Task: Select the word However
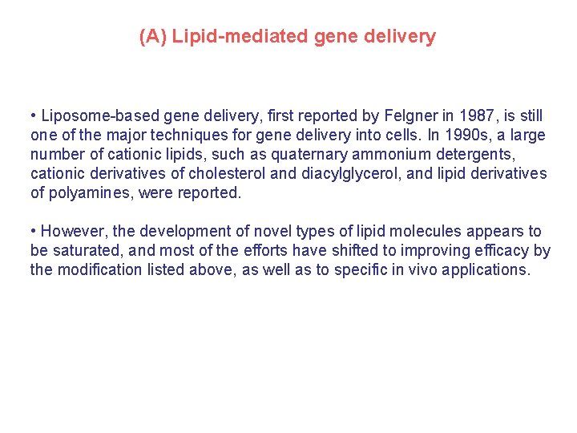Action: point(69,232)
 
